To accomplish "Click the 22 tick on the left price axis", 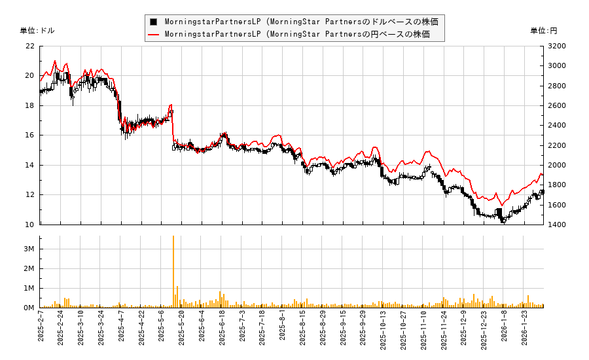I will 29,46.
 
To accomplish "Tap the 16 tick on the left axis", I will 29,135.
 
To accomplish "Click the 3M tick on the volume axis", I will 29,249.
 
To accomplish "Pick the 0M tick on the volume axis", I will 29,308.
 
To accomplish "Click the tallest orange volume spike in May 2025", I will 173,237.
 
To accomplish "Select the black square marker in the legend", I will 153,22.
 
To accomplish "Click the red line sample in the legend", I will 153,34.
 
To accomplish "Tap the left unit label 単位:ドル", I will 37,31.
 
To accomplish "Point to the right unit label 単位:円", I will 544,31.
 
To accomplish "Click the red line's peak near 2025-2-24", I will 54,61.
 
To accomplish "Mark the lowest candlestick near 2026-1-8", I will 503,221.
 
